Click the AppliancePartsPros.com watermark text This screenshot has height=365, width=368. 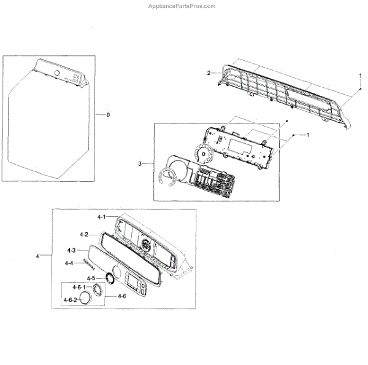182,6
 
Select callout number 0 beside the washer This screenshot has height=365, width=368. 109,115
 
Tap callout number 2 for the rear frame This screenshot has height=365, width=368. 209,73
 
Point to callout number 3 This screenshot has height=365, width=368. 140,163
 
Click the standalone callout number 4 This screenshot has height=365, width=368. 39,255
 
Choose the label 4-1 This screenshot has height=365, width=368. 102,217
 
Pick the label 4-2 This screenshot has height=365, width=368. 84,234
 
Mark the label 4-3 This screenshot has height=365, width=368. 71,250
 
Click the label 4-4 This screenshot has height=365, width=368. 69,263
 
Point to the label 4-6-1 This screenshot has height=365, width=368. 79,288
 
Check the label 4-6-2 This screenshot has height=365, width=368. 70,299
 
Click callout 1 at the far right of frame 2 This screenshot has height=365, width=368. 360,74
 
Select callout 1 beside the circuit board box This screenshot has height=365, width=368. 308,135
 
